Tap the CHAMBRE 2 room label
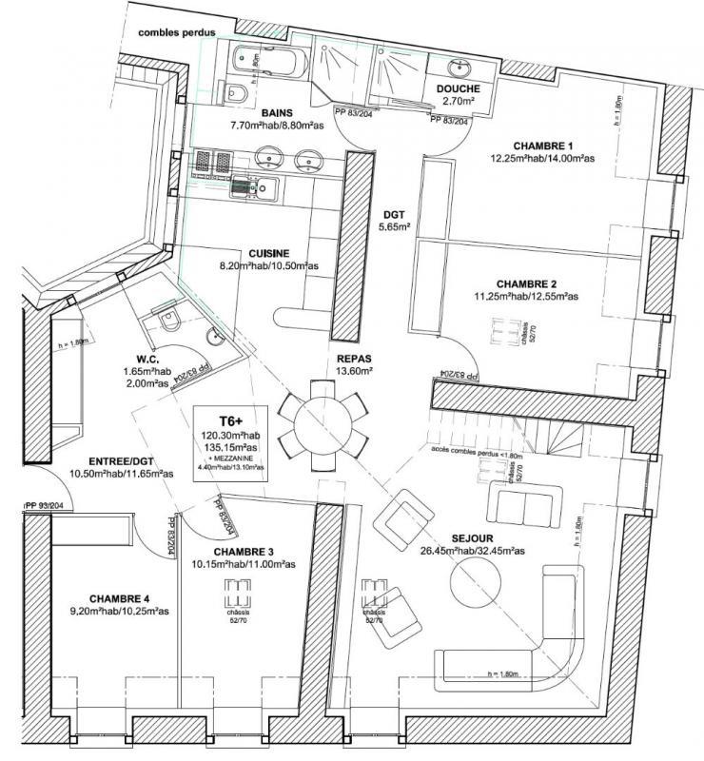tap(526, 283)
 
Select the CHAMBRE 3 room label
tap(244, 552)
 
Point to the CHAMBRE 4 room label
tap(120, 598)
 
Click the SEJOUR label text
tap(459, 537)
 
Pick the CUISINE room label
tap(269, 253)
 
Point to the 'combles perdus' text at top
tap(177, 32)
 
